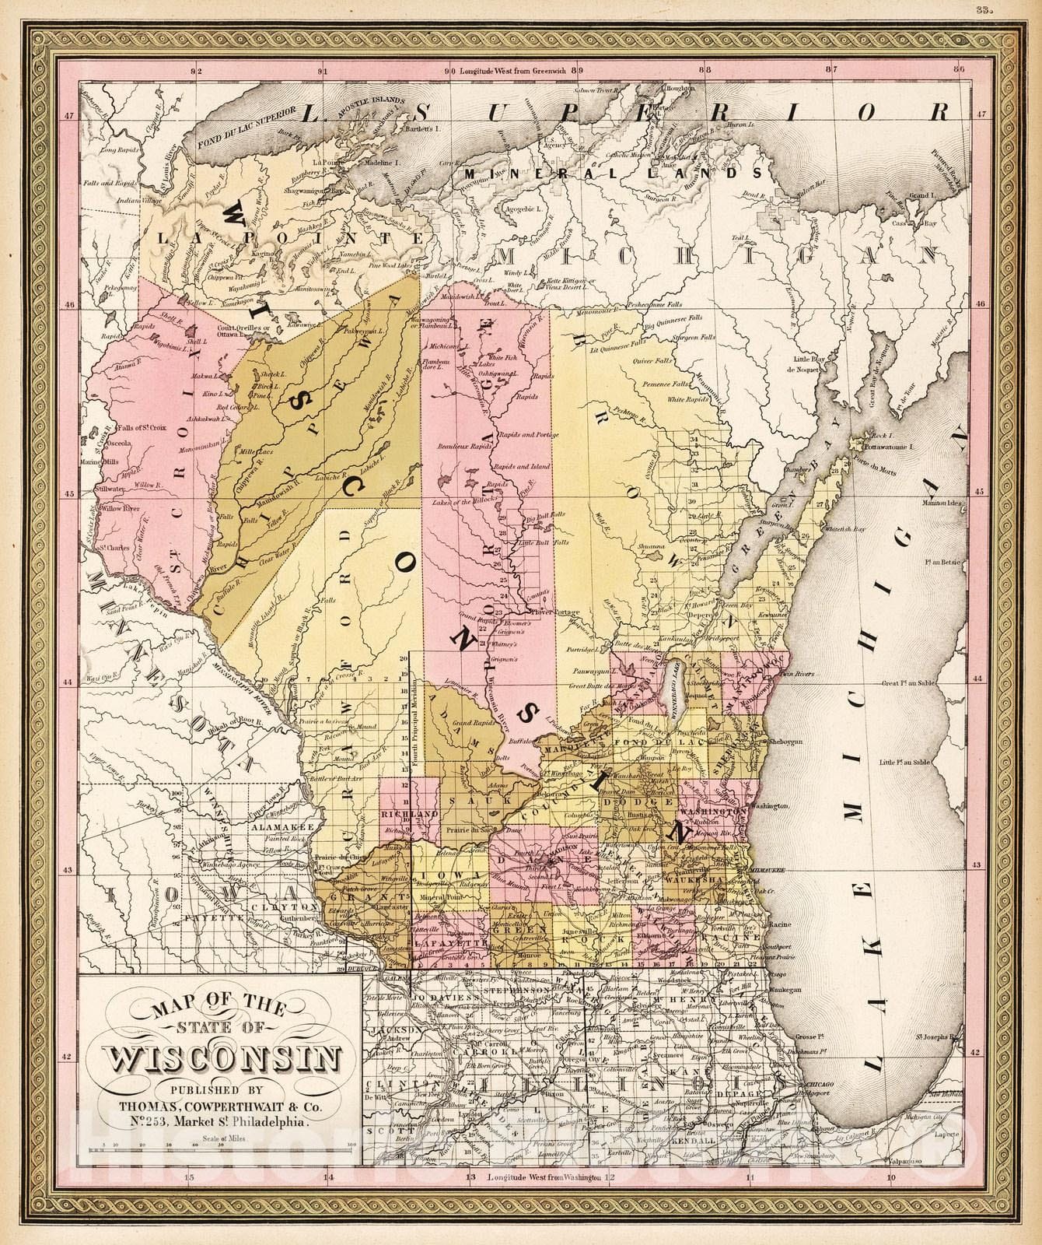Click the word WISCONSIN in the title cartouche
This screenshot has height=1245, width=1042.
coord(221,1061)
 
